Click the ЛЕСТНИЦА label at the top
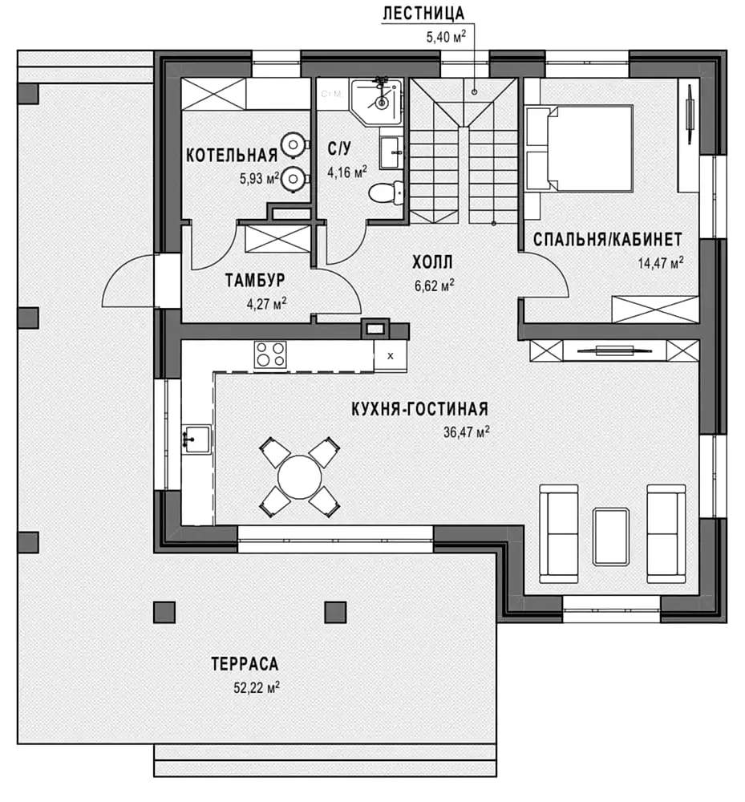pos(423,14)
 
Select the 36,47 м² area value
pos(466,431)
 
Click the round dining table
pos(300,476)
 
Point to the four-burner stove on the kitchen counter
pos(270,354)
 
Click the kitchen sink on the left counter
pos(196,439)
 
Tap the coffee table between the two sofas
pos(610,537)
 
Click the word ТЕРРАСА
pos(245,664)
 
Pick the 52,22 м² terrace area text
pos(256,687)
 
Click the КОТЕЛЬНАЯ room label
pos(232,155)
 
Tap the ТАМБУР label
pos(255,280)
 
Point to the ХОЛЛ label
pos(432,262)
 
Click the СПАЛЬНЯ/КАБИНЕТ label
pos(607,239)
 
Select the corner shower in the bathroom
pos(377,101)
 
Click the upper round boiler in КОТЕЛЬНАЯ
pos(294,144)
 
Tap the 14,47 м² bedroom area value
pos(660,263)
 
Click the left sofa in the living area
pos(559,533)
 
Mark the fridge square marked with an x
pos(390,356)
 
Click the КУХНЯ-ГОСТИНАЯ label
pos(419,409)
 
